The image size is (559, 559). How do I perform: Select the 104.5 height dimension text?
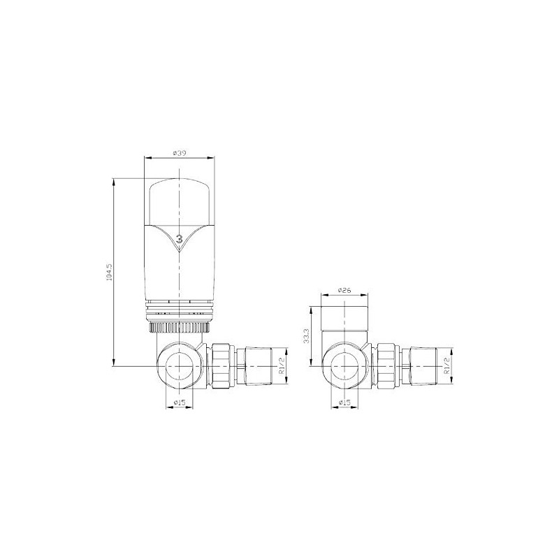[107, 273]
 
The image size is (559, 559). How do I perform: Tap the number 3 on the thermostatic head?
[180, 238]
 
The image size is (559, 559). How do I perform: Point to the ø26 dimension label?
[343, 289]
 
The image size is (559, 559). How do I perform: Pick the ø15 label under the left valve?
[179, 402]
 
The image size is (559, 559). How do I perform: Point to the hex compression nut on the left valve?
[221, 364]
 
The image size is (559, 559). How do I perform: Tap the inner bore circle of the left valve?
[180, 364]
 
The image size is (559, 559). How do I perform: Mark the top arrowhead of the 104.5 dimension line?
[113, 181]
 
